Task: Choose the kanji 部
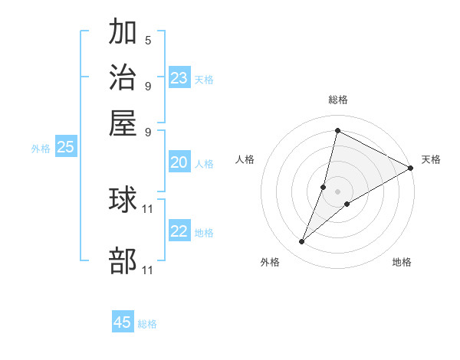123,261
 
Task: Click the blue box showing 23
179,78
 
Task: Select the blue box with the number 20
179,162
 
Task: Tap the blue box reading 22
179,231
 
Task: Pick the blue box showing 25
65,147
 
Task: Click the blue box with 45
123,322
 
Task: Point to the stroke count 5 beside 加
148,40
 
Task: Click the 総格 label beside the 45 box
147,324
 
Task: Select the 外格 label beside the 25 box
41,149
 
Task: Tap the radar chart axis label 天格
431,159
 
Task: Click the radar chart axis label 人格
245,159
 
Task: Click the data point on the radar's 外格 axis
302,242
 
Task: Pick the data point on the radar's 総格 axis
337,131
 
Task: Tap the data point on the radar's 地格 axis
347,204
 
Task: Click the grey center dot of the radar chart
337,191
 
